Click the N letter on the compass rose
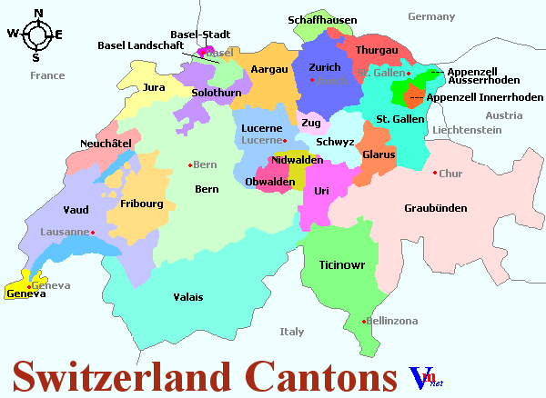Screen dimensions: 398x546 click(x=38, y=13)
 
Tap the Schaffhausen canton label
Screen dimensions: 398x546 click(x=322, y=20)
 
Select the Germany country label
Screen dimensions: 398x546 click(x=431, y=16)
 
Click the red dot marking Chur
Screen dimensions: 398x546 click(x=435, y=173)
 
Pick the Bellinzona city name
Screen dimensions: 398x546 click(x=394, y=322)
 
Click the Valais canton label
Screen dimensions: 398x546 click(x=188, y=297)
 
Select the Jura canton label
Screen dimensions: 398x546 click(x=154, y=88)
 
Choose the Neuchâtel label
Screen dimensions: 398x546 click(x=106, y=144)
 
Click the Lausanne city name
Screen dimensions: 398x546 click(x=64, y=232)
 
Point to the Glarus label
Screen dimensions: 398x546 click(x=379, y=154)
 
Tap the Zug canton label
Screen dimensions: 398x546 click(x=311, y=123)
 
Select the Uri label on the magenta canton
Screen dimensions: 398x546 click(x=320, y=191)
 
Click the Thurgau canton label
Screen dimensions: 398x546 click(x=377, y=50)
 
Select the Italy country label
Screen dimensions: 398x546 click(x=292, y=332)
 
